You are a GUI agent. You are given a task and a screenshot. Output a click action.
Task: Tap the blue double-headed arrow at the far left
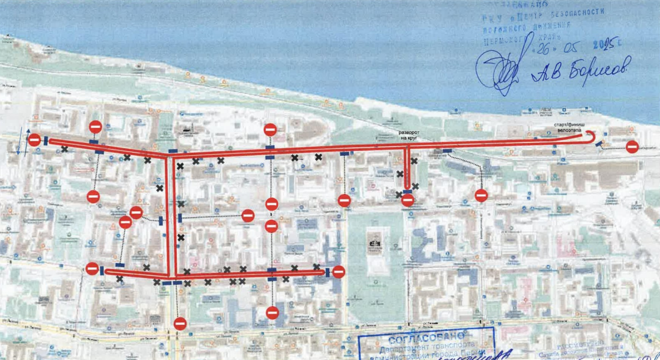coord(19,140)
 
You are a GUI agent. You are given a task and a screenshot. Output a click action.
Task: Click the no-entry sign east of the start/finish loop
coord(632,147)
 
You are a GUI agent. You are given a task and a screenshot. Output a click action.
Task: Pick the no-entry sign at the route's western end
coord(34,140)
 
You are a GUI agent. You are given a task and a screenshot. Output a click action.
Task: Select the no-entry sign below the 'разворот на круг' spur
coord(408,200)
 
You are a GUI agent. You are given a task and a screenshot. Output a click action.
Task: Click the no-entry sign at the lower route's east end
coord(338,272)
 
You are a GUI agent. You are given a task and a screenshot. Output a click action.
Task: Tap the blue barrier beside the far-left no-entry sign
coord(45,141)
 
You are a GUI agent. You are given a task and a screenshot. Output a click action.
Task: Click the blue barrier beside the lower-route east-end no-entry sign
coord(328,272)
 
